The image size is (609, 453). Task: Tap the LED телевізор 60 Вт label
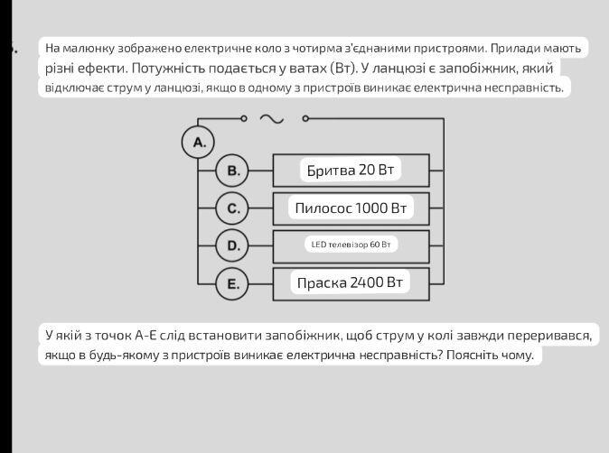tap(351, 245)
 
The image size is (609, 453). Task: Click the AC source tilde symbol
tap(271, 119)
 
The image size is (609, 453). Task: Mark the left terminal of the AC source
tap(244, 118)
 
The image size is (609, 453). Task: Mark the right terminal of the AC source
tap(305, 118)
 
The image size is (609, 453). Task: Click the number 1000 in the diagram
tap(371, 208)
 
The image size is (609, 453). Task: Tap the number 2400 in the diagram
tap(367, 282)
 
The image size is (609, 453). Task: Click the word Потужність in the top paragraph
tap(168, 69)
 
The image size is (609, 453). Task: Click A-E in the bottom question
tap(145, 335)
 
